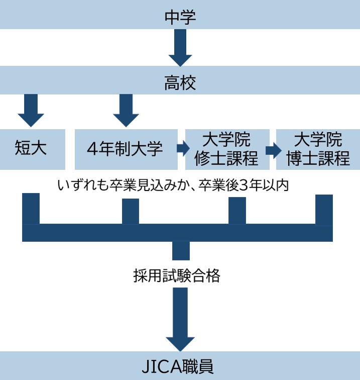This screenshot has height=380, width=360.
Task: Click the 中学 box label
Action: click(180, 17)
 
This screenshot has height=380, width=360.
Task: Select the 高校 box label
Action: click(180, 82)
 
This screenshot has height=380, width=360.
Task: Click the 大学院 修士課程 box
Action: click(226, 149)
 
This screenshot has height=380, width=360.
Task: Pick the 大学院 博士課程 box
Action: click(318, 149)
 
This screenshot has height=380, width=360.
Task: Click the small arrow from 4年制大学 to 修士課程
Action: click(182, 149)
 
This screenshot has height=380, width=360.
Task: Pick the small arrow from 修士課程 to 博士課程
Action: click(273, 149)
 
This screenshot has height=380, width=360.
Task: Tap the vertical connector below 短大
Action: click(31, 209)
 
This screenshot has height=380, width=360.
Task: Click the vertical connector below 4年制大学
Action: click(131, 211)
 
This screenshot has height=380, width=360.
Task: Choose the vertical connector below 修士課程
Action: click(237, 211)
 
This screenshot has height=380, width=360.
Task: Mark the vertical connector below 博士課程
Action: click(324, 210)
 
